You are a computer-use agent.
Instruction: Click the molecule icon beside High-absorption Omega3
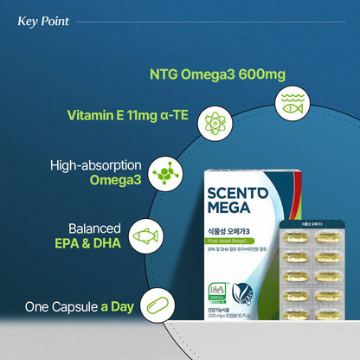[x=162, y=173]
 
